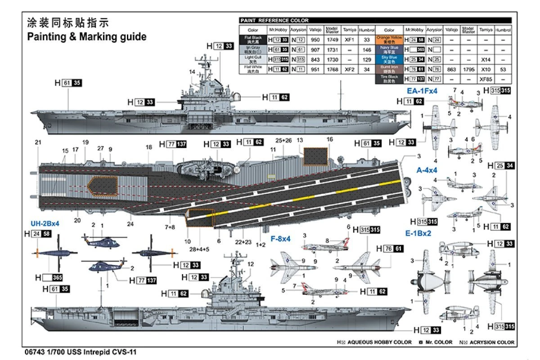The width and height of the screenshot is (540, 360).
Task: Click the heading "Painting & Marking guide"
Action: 87,37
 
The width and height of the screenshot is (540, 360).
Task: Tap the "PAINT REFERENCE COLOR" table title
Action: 274,20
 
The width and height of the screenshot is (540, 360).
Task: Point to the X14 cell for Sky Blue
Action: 485,59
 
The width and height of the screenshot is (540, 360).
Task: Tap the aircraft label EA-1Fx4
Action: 422,91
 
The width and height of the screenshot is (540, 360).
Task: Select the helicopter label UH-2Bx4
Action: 45,223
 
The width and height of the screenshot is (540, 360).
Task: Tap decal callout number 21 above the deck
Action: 38,143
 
